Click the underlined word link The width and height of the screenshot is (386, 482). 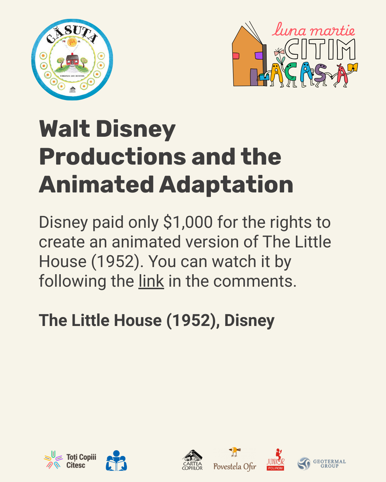151,281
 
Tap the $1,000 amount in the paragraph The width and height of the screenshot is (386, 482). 188,222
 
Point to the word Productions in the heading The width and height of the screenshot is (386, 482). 113,157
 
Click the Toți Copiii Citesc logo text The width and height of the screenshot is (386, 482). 81,461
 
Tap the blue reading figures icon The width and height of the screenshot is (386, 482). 116,461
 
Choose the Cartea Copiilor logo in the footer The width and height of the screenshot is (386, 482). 192,460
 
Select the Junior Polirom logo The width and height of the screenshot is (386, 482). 276,460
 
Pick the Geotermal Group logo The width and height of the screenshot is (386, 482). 322,463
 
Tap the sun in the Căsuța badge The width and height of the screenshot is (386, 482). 72,42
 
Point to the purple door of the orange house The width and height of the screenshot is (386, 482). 254,77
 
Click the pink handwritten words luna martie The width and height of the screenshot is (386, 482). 313,30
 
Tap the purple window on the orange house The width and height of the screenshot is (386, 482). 259,56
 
